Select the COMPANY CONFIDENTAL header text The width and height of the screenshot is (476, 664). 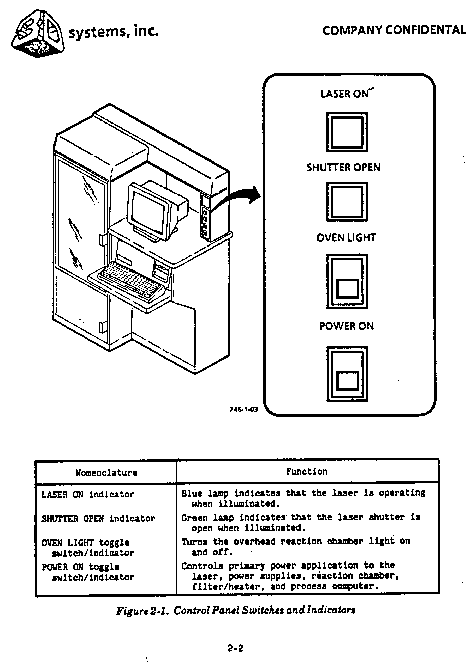[394, 30]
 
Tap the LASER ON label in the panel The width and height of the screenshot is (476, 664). [345, 94]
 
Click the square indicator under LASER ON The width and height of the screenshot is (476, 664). [347, 132]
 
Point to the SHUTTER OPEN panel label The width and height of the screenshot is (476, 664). [343, 168]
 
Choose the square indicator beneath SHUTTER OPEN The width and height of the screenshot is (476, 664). [347, 202]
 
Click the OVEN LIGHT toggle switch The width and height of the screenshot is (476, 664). [347, 281]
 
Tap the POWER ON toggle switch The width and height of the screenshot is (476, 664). [347, 374]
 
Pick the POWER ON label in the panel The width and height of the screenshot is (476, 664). [347, 326]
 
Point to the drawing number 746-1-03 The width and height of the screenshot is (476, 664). [243, 409]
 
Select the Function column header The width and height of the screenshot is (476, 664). [307, 471]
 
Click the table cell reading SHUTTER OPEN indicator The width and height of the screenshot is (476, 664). [98, 519]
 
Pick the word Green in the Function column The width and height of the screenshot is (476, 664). [194, 518]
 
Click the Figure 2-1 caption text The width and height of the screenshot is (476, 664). [236, 610]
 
